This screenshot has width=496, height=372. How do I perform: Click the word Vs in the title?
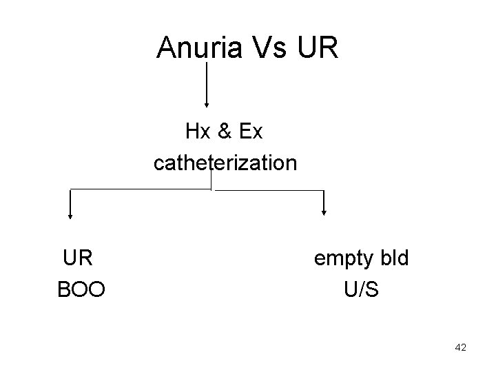click(271, 48)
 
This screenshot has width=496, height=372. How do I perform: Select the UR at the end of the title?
click(318, 48)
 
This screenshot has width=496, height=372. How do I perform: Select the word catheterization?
click(225, 163)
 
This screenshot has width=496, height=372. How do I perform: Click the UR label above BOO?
click(78, 258)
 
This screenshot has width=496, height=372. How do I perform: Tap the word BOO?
click(81, 290)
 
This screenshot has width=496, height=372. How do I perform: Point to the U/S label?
click(361, 290)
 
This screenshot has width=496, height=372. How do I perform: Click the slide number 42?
click(461, 348)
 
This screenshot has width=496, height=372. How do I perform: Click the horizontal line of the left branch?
click(138, 188)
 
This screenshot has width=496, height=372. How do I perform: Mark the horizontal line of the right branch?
click(269, 190)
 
